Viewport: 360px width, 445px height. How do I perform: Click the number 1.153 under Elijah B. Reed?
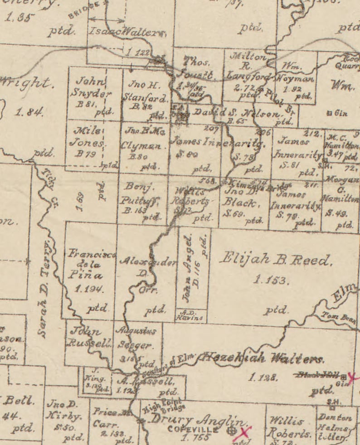click(x=271, y=281)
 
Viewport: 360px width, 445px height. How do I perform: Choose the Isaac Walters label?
click(x=127, y=32)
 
